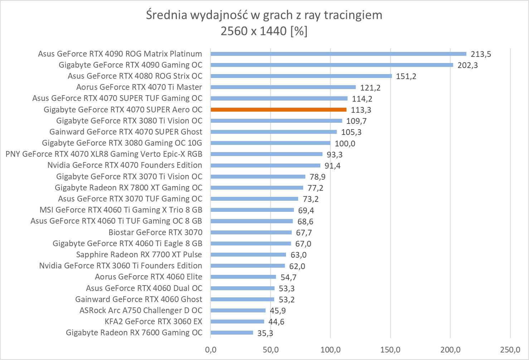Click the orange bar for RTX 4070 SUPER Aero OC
coord(278,110)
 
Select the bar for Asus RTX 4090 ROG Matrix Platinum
coord(338,54)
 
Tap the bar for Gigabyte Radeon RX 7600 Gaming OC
coord(232,333)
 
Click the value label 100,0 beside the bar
coord(345,143)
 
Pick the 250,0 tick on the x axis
coord(510,349)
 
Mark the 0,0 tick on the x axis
coord(210,349)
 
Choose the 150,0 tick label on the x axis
coord(390,349)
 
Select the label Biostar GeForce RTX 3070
coord(155,232)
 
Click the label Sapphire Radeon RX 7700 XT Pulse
coord(139,254)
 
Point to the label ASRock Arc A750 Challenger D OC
coord(141,310)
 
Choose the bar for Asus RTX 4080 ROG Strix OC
coord(301,76)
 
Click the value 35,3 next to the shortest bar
coord(265,333)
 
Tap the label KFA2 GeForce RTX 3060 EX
coord(153,321)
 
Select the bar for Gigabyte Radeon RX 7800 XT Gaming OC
coord(257,188)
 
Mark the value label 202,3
coord(467,65)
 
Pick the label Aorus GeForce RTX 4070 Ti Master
coord(139,87)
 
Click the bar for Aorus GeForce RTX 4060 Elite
coord(243,277)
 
